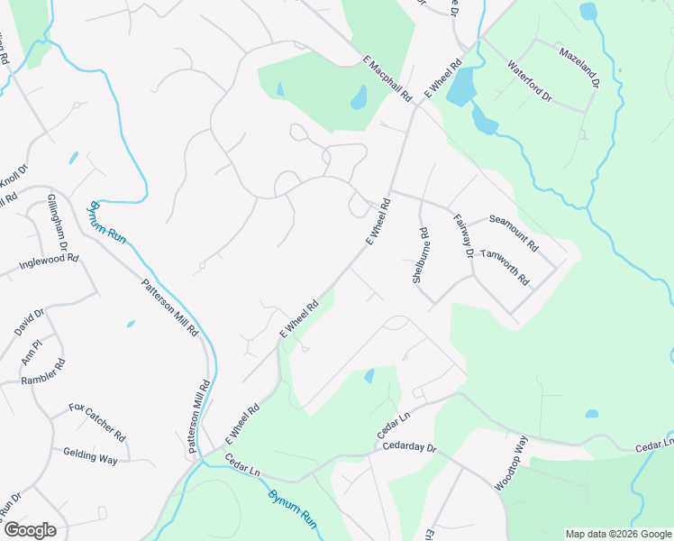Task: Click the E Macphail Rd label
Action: pos(387,78)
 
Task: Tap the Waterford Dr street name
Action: pos(529,80)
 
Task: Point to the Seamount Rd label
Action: pos(514,232)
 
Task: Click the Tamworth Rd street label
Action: pos(505,268)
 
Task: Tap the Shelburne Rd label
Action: pos(420,256)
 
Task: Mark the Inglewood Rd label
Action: pos(50,263)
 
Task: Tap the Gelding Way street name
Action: pos(90,458)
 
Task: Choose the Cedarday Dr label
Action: pos(409,446)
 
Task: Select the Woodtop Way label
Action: pos(511,463)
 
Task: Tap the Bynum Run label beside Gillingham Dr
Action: pos(106,221)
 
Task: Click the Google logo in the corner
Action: pos(30,530)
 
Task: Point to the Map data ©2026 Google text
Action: pos(619,534)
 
